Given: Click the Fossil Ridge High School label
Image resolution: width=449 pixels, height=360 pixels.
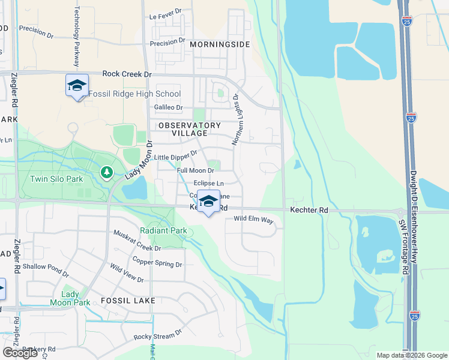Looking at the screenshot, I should point(134,94).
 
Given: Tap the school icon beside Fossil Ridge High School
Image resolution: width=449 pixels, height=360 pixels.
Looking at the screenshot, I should point(77,85).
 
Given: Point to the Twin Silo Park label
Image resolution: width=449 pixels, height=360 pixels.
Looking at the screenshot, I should point(56,179).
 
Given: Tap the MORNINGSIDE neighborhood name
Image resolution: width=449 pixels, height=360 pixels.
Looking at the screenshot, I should point(219,44).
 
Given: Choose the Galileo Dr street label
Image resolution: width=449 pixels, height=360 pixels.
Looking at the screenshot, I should point(168,107).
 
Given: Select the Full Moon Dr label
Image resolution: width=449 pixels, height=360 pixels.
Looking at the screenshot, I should point(196,170).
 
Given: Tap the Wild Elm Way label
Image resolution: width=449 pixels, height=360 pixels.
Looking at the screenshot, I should point(253,220).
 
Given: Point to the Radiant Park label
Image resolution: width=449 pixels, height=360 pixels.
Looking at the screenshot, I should point(163,230).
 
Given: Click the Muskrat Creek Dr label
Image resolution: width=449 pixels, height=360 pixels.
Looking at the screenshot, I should point(137,241).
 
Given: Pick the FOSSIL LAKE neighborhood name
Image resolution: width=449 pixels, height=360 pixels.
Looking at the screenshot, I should point(128,300).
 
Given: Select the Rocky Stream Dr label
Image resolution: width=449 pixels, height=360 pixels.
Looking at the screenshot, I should point(158,336).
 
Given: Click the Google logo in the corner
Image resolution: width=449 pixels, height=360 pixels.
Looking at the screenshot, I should point(20,353).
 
